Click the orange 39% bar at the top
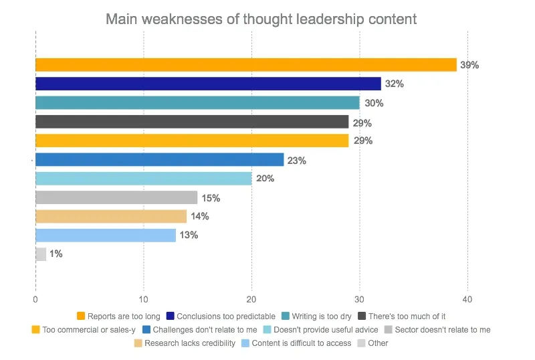tap(245, 65)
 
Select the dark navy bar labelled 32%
tap(207, 84)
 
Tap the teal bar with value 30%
tap(197, 103)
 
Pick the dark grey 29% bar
tap(192, 122)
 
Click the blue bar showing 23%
tap(159, 160)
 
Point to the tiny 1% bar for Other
tap(41, 254)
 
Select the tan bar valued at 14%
tap(111, 216)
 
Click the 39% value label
tap(470, 66)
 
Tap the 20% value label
tap(265, 179)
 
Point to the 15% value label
tap(211, 198)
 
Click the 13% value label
tap(189, 236)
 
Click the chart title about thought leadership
tap(261, 19)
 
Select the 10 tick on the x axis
tap(143, 300)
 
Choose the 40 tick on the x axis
tap(467, 300)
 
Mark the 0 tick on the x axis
tap(35, 300)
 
